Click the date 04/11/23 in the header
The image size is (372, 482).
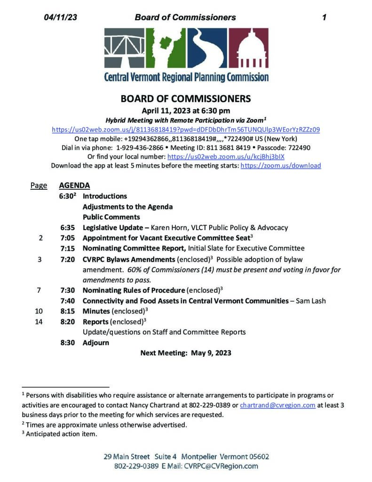pyautogui.click(x=61, y=17)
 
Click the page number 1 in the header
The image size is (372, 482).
pyautogui.click(x=324, y=17)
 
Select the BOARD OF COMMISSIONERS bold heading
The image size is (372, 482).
pyautogui.click(x=186, y=99)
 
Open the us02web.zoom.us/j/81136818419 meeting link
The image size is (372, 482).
pyautogui.click(x=186, y=129)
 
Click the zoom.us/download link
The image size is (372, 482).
pyautogui.click(x=281, y=166)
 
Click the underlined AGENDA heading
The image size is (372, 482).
pyautogui.click(x=74, y=185)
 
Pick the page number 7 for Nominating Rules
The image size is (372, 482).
pyautogui.click(x=39, y=290)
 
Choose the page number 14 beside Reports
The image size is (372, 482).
pyautogui.click(x=39, y=322)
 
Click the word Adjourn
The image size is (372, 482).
pyautogui.click(x=95, y=343)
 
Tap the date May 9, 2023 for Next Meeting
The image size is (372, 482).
pyautogui.click(x=211, y=353)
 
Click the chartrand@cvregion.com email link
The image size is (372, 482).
pyautogui.click(x=277, y=405)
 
